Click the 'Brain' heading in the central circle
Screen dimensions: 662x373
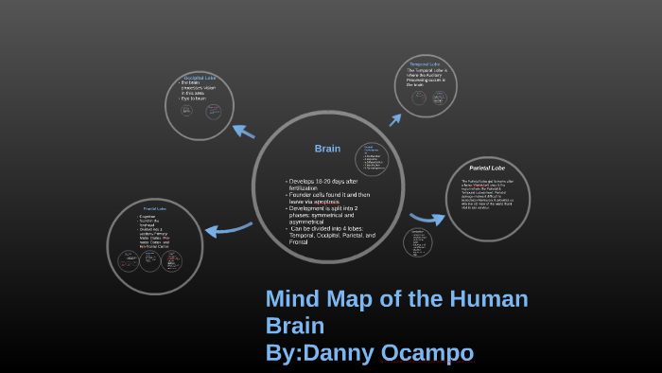[327, 149]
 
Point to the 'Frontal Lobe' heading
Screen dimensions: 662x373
[154, 207]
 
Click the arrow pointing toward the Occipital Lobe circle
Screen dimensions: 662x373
[243, 132]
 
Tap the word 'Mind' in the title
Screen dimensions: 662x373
[295, 301]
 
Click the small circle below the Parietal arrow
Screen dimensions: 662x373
[418, 241]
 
